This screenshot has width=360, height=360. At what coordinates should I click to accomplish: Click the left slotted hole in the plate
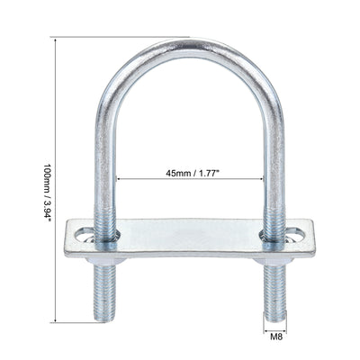[x=85, y=235]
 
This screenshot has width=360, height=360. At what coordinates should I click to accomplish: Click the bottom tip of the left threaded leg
[x=103, y=318]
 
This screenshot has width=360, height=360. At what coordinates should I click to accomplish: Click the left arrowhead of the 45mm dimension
[x=117, y=178]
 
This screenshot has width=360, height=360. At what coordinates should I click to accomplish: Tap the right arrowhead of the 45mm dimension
[x=262, y=178]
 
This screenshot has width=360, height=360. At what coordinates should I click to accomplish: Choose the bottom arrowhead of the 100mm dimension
[x=56, y=319]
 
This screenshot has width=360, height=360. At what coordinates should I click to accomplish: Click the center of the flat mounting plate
[x=189, y=239]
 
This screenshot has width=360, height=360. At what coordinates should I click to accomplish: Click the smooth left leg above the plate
[x=104, y=162]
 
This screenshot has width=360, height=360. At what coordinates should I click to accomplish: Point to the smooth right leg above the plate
[x=274, y=162]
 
